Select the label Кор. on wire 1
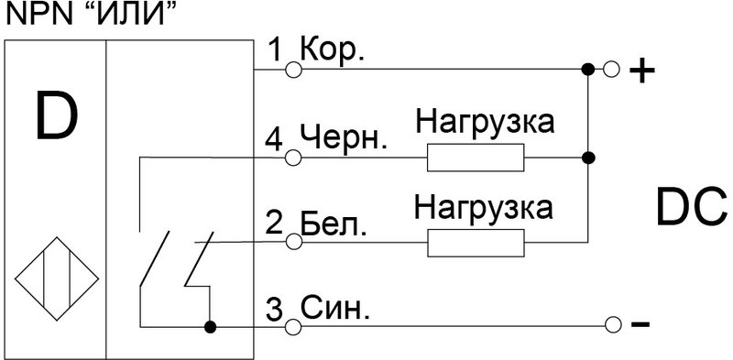point(334,50)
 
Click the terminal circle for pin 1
point(293,68)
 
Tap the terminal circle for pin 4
point(293,158)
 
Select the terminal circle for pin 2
point(293,242)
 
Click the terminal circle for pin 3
point(293,326)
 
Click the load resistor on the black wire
point(475,159)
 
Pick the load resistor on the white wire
point(475,243)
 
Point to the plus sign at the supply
point(644,71)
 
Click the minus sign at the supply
point(642,325)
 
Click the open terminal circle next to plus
point(611,68)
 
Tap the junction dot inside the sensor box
point(210,326)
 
